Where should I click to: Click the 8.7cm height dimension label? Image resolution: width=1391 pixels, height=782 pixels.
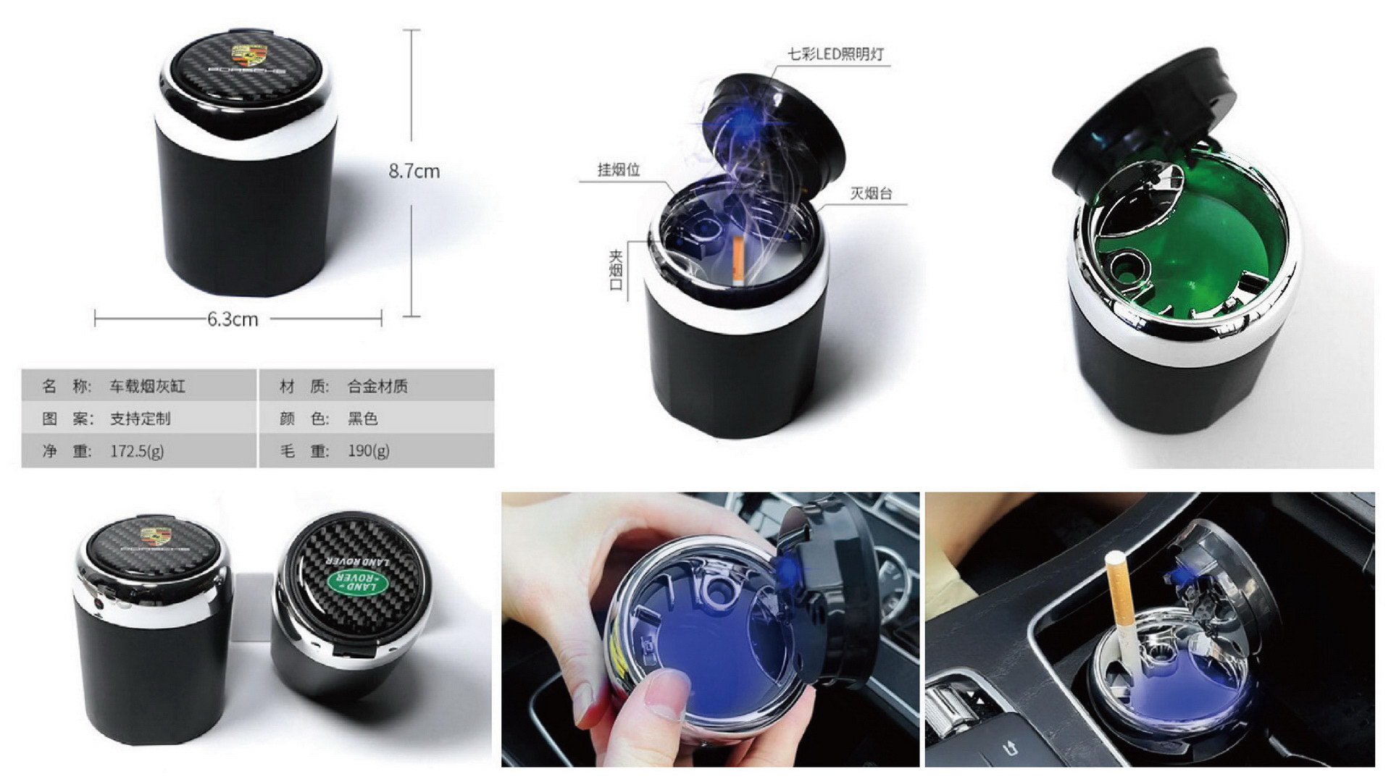[414, 171]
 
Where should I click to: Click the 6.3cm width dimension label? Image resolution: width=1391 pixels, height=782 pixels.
[233, 319]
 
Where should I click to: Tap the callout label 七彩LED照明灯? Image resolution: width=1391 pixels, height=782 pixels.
[835, 54]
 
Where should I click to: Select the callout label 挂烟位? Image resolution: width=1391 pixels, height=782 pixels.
[619, 169]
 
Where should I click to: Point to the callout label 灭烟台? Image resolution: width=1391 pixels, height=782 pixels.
[871, 193]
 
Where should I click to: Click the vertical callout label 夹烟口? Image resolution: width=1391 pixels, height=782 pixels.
[616, 270]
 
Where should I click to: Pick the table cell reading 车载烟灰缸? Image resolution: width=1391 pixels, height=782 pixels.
[148, 386]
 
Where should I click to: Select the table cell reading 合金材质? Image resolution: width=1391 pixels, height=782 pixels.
[377, 386]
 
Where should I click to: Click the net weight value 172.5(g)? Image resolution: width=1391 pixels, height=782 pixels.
[137, 451]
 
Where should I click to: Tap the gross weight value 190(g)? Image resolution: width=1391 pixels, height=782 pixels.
[368, 451]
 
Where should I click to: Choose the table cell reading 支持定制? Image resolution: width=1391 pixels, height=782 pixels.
[140, 419]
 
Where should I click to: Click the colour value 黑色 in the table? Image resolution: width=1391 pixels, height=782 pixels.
[362, 419]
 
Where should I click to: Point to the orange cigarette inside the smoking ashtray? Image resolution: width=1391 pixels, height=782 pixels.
[739, 259]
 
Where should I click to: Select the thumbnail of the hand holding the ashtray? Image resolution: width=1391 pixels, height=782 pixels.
[711, 629]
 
